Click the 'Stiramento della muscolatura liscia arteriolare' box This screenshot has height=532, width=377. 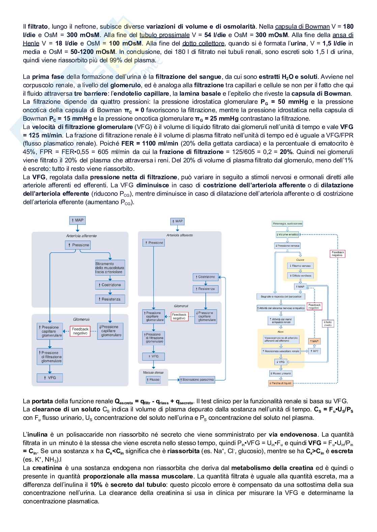[x=110, y=268]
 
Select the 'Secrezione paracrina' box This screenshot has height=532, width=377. [x=198, y=379]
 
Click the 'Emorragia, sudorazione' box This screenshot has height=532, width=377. [x=287, y=224]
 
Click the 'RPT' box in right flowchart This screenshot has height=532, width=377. [x=315, y=351]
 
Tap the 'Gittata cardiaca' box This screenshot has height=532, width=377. [x=300, y=276]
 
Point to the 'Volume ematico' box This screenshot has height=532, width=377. [x=287, y=234]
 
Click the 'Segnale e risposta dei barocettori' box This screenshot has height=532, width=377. [x=281, y=296]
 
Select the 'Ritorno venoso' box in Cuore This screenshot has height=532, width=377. [x=300, y=266]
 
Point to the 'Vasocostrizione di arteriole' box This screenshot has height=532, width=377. [x=281, y=339]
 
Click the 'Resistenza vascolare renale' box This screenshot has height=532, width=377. [x=281, y=351]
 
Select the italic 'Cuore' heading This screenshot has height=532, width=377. [x=300, y=260]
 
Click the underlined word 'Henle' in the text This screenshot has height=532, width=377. [x=31, y=43]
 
